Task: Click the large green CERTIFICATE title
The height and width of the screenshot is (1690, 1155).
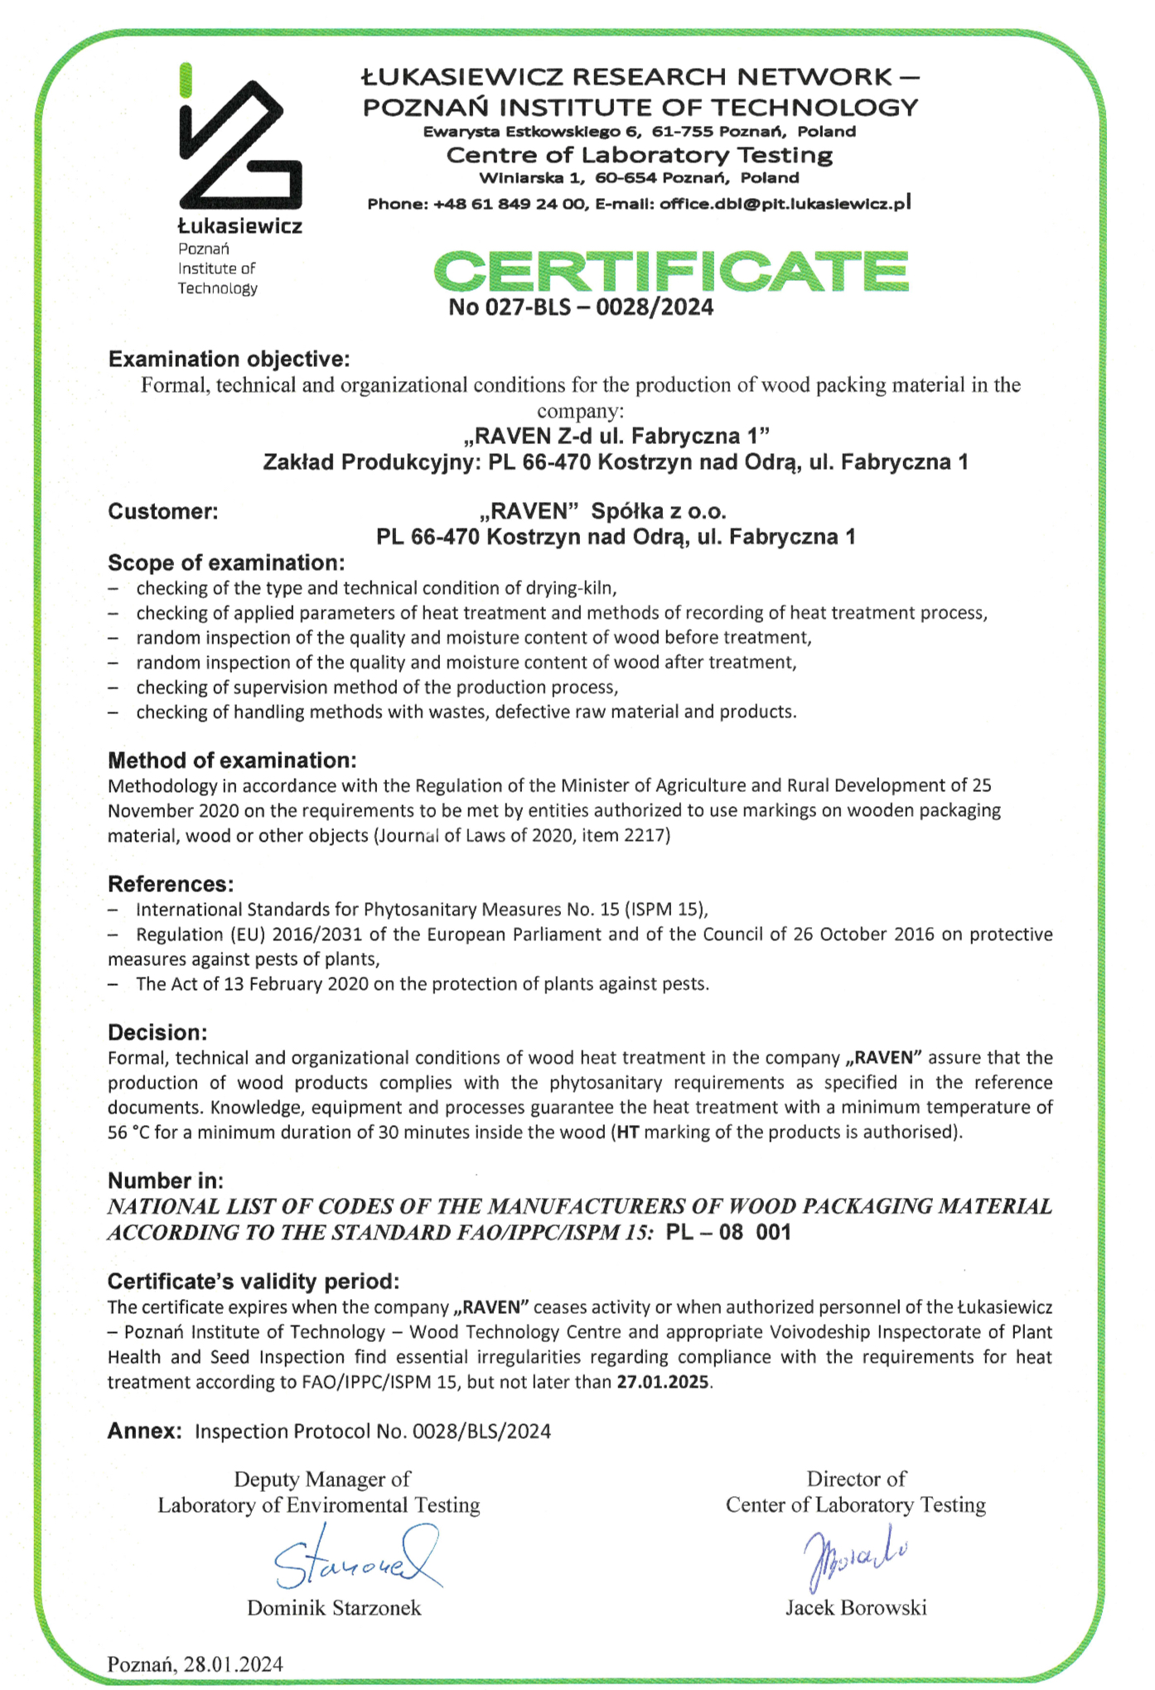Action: point(671,271)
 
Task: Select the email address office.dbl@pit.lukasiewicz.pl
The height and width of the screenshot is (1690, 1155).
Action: point(785,204)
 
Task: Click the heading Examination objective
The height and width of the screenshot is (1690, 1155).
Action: point(229,360)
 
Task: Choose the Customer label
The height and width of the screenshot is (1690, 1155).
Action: point(163,511)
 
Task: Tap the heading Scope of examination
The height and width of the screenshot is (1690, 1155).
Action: point(226,563)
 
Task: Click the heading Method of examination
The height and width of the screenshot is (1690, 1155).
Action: point(232,760)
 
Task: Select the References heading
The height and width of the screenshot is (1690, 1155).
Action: point(171,884)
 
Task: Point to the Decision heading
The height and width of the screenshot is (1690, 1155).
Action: point(157,1032)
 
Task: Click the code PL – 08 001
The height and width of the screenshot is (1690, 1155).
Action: point(728,1232)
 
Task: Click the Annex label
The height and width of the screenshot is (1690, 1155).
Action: point(144,1432)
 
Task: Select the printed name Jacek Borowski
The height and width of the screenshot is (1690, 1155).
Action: point(856,1608)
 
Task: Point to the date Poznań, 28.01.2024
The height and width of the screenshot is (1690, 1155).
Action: point(196,1664)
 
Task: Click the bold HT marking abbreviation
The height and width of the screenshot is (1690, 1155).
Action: point(628,1132)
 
